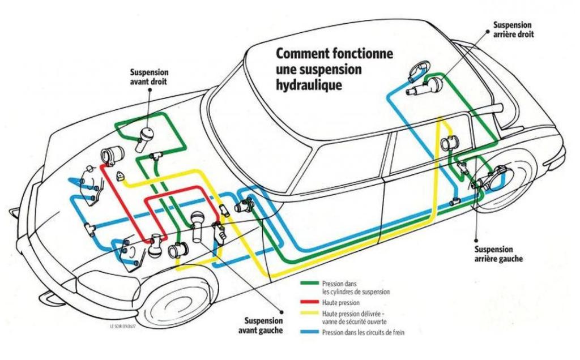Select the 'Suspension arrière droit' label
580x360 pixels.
512,29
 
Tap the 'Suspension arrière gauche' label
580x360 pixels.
493,254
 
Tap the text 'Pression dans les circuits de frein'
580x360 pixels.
363,333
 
